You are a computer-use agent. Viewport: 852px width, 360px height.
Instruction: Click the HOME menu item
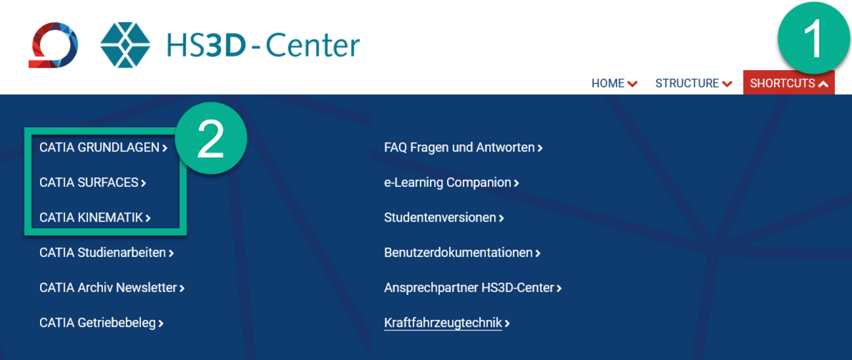point(614,83)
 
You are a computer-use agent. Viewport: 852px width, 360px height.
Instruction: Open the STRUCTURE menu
point(693,83)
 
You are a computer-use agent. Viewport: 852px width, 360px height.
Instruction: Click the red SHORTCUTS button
point(789,82)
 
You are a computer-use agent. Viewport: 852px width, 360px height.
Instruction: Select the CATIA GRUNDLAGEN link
point(104,148)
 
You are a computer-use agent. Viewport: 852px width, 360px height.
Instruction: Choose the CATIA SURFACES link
point(93,182)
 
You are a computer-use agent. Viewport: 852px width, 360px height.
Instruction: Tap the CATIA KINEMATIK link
point(95,217)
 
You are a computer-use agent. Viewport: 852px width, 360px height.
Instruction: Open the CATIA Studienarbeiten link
point(106,252)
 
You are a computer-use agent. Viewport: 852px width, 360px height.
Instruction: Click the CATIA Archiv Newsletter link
point(112,287)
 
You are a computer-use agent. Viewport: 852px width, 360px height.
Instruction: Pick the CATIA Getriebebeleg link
point(101,323)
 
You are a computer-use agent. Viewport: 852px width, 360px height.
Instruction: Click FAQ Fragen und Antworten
point(463,148)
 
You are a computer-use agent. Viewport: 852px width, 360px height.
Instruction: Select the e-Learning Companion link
point(452,183)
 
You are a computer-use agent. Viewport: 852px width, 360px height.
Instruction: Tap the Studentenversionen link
point(444,217)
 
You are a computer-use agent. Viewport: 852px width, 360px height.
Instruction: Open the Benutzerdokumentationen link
point(462,252)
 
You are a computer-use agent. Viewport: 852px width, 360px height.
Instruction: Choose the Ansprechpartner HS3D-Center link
point(473,288)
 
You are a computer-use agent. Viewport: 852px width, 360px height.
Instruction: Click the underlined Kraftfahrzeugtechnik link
point(447,323)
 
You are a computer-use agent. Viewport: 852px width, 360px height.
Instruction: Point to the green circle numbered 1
point(813,38)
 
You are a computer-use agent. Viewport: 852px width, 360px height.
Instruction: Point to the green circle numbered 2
point(211,138)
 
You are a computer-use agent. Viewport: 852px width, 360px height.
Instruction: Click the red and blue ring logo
point(54,45)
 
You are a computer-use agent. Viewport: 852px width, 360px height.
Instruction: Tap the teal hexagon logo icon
point(125,45)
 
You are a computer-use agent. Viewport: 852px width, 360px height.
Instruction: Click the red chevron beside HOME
point(632,84)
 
